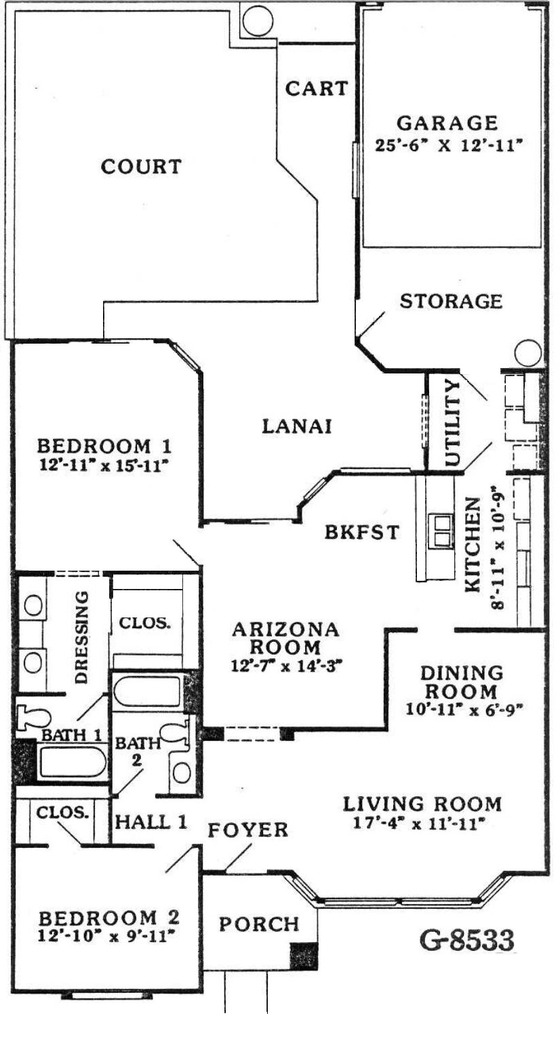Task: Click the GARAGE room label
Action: [x=447, y=123]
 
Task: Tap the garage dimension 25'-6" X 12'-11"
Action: [x=449, y=146]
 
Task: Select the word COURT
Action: [x=141, y=166]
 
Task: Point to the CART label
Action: [x=317, y=88]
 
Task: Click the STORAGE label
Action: [x=452, y=301]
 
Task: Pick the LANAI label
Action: [x=297, y=426]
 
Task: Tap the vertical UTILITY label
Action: [x=452, y=423]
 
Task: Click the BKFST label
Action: [x=361, y=532]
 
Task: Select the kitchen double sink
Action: [x=441, y=531]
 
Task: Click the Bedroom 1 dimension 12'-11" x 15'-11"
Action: [x=103, y=466]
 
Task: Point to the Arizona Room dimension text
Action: [x=287, y=666]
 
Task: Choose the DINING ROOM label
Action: [x=462, y=682]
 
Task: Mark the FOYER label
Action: [x=247, y=830]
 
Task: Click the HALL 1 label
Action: [x=151, y=822]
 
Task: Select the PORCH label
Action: [x=259, y=924]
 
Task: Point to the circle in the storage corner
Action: [x=528, y=352]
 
